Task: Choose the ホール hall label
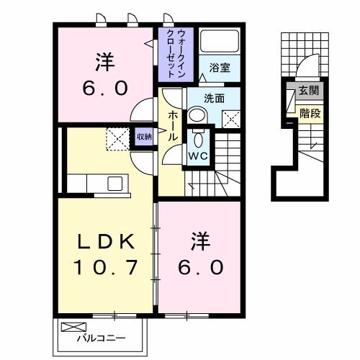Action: pos(174,126)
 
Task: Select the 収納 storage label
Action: pos(144,136)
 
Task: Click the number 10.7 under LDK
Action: pos(105,268)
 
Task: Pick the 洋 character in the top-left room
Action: pos(105,63)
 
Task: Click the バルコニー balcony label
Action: pos(107,337)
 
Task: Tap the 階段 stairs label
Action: pos(310,113)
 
